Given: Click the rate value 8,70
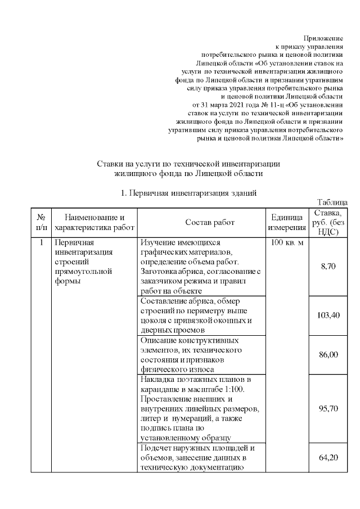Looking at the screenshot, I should pos(328,266).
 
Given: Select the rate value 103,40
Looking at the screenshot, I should pos(328,315).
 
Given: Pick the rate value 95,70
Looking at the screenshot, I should pos(328,408).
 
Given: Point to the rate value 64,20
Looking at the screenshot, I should pos(328,458).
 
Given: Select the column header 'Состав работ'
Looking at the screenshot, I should pos(201,223).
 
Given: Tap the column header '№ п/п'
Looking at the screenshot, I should pos(41,223).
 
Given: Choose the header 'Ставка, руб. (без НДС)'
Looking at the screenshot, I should pos(328,222).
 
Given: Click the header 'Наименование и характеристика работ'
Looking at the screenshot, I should pos(94,223).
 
